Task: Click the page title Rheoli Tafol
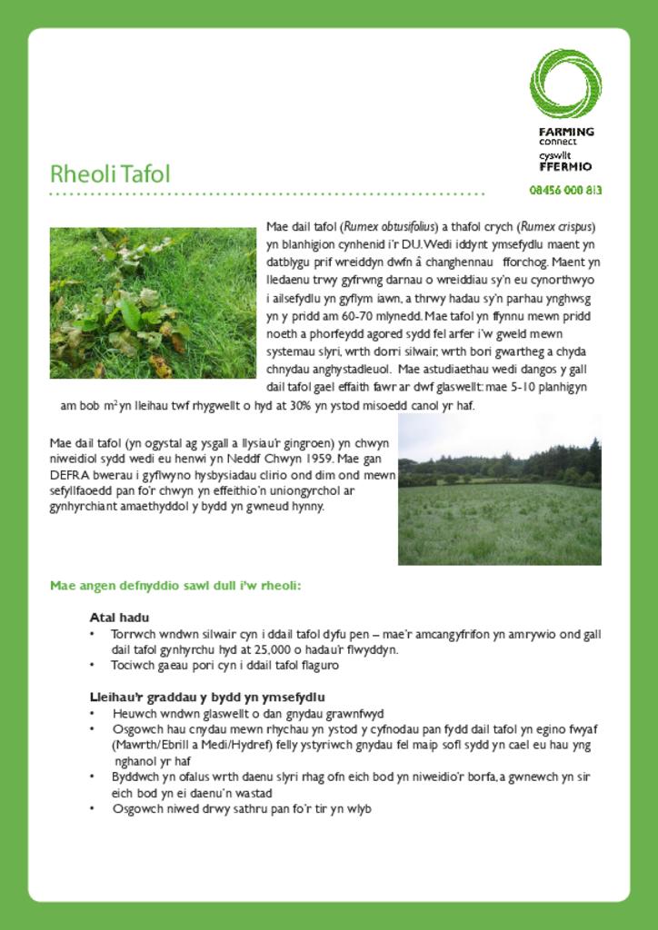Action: click(110, 173)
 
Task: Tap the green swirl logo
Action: click(565, 84)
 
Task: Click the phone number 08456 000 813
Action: click(565, 191)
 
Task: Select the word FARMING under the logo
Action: click(566, 131)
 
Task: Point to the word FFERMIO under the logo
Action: click(565, 166)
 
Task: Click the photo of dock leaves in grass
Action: click(153, 302)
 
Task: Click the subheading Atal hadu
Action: click(119, 618)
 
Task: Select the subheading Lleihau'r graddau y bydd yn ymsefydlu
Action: click(207, 697)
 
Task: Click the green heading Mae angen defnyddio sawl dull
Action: click(175, 586)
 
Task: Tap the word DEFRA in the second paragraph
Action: click(68, 474)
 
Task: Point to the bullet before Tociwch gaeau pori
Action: click(93, 666)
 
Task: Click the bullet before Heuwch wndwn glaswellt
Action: click(93, 714)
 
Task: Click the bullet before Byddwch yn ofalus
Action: click(93, 777)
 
